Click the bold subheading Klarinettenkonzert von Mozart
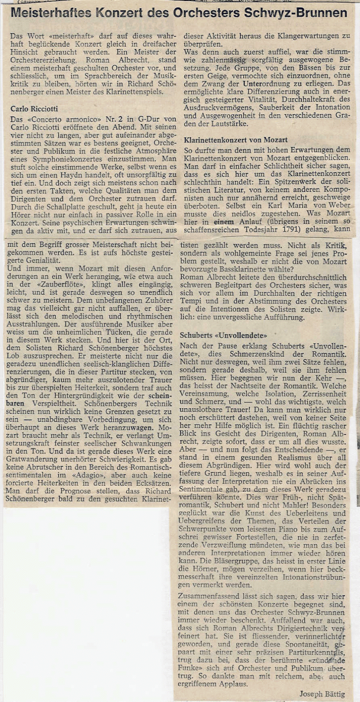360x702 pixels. [235, 139]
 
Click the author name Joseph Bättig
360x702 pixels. [322, 694]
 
